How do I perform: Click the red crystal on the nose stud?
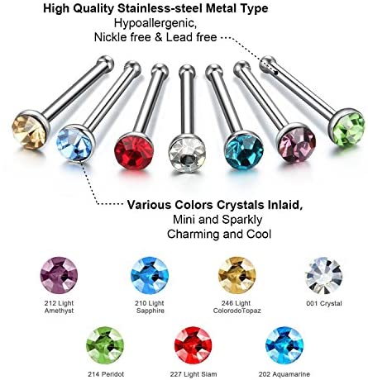(x=134, y=150)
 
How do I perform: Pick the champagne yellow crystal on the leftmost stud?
(x=29, y=131)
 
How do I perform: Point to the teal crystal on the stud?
(x=244, y=151)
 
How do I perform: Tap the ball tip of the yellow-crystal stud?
(x=106, y=63)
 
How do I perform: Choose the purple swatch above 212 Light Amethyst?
(x=59, y=276)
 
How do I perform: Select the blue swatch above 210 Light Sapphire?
(x=150, y=276)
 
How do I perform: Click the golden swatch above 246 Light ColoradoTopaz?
(x=237, y=276)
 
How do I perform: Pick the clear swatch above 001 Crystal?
(x=324, y=276)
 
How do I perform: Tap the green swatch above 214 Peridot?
(x=105, y=345)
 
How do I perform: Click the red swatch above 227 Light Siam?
(x=193, y=345)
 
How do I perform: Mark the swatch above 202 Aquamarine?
(x=284, y=345)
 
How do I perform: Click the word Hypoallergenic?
(x=155, y=23)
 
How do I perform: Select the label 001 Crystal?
(x=324, y=303)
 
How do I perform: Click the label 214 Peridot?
(x=106, y=374)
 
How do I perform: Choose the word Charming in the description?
(x=193, y=234)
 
